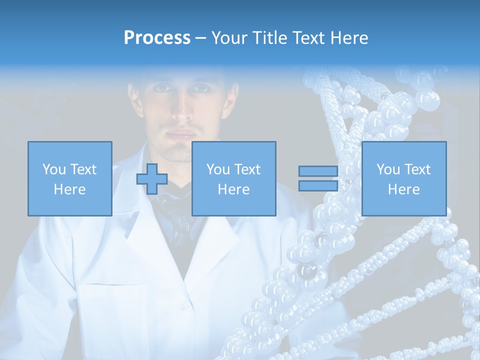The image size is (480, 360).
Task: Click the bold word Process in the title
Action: click(157, 38)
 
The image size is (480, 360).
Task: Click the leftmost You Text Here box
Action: click(69, 178)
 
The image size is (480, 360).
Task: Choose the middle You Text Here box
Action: click(233, 178)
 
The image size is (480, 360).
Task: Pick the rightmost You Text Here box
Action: click(403, 178)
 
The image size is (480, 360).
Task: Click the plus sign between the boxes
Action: click(152, 178)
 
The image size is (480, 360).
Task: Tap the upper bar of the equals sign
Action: click(318, 171)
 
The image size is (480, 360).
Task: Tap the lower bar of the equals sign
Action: click(318, 185)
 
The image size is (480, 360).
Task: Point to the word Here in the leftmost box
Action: click(69, 189)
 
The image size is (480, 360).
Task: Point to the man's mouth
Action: click(181, 134)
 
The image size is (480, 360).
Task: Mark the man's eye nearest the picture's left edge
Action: click(161, 88)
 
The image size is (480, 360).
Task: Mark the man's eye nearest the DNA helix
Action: click(201, 88)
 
